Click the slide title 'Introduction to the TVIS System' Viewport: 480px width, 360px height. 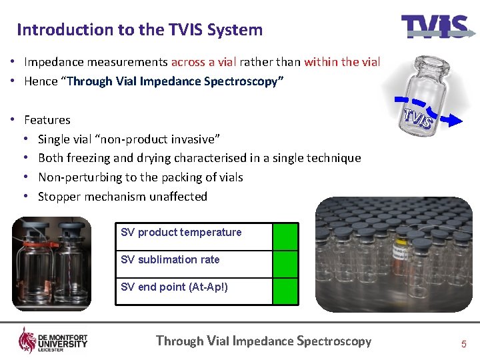pos(139,29)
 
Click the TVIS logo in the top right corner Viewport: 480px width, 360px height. pos(434,27)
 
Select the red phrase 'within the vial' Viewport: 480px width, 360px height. pos(342,62)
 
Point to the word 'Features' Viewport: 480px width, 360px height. pos(47,120)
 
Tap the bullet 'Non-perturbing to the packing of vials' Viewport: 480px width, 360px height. pos(141,177)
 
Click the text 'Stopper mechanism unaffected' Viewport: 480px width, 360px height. pos(123,197)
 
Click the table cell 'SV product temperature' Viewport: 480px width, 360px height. pos(181,233)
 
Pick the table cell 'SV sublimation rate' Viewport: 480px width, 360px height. pos(170,260)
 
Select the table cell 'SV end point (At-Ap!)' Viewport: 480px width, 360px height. pos(174,287)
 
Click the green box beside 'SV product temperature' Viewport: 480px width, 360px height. pos(285,236)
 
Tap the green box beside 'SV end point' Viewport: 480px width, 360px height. pos(285,291)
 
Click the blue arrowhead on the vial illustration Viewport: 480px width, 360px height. pos(454,120)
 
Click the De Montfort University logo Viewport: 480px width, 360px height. pos(53,341)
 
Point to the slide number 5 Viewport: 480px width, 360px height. pos(463,344)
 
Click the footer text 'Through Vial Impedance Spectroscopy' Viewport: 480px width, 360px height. pos(263,341)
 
